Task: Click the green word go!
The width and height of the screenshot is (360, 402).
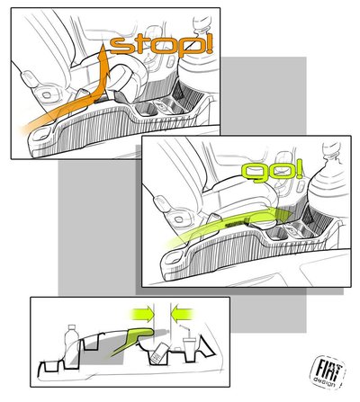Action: pos(272,172)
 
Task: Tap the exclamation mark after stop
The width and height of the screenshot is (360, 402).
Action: pos(207,45)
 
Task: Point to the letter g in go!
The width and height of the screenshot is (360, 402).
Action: pos(254,174)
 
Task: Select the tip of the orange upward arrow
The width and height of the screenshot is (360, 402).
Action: pos(103,45)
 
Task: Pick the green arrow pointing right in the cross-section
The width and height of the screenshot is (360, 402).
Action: pos(142,314)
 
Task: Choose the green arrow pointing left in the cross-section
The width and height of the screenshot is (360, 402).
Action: pos(183,314)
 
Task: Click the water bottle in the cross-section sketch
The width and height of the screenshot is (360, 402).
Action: pos(71,345)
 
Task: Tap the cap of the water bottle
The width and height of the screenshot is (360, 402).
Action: pos(72,327)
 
